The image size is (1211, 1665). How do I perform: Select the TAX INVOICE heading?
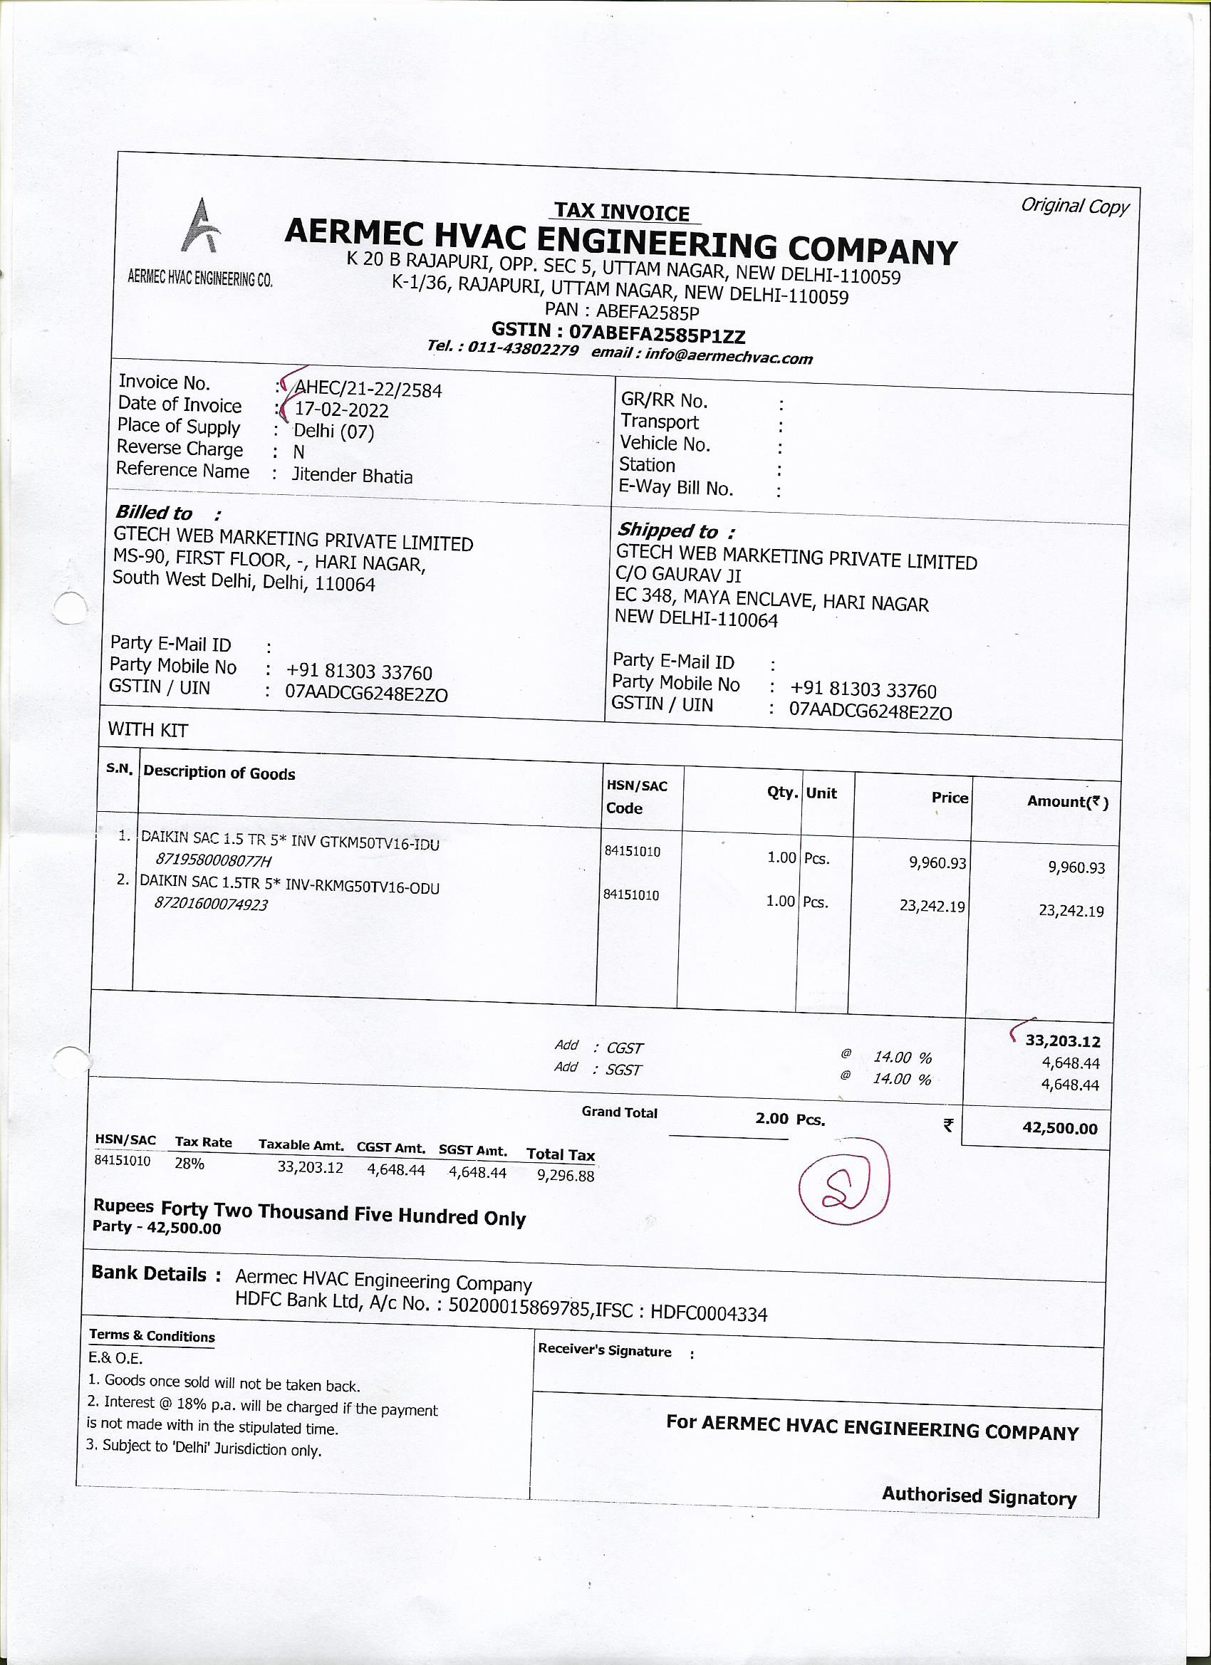tap(621, 212)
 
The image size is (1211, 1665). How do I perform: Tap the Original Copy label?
tap(1074, 207)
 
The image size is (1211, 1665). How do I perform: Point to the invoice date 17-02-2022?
tap(341, 410)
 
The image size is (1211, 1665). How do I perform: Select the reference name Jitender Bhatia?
tap(353, 476)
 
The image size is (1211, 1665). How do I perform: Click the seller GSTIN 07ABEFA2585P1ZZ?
tap(658, 335)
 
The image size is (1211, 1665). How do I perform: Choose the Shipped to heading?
tap(667, 530)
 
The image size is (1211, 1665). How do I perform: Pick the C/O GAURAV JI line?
tap(679, 573)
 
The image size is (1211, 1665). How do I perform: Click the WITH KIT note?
tap(147, 730)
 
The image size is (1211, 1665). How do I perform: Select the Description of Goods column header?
tap(219, 772)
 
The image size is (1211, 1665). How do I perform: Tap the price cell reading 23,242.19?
tap(932, 906)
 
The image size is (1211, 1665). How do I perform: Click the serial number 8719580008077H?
tap(213, 860)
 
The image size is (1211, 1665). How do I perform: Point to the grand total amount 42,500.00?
tap(1060, 1128)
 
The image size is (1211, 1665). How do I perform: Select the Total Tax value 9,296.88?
tap(566, 1175)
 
